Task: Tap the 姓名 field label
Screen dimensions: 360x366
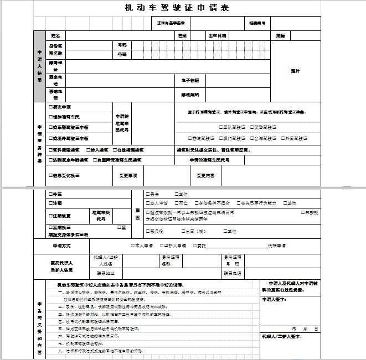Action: pos(55,35)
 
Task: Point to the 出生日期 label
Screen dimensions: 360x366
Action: pos(217,35)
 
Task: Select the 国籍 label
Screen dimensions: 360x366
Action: pos(281,35)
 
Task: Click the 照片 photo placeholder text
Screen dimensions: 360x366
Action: pos(295,71)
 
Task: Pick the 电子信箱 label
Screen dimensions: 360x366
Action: pos(190,80)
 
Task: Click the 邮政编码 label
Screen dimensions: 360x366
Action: pos(190,95)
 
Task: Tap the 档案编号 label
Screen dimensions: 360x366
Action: pos(257,23)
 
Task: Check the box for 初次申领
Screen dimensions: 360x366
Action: pos(50,107)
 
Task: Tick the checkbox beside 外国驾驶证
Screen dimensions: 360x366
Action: pos(283,138)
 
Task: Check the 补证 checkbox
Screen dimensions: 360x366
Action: pos(50,195)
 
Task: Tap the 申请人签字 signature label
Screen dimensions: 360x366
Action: pos(273,300)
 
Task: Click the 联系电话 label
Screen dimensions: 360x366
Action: pos(233,273)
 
